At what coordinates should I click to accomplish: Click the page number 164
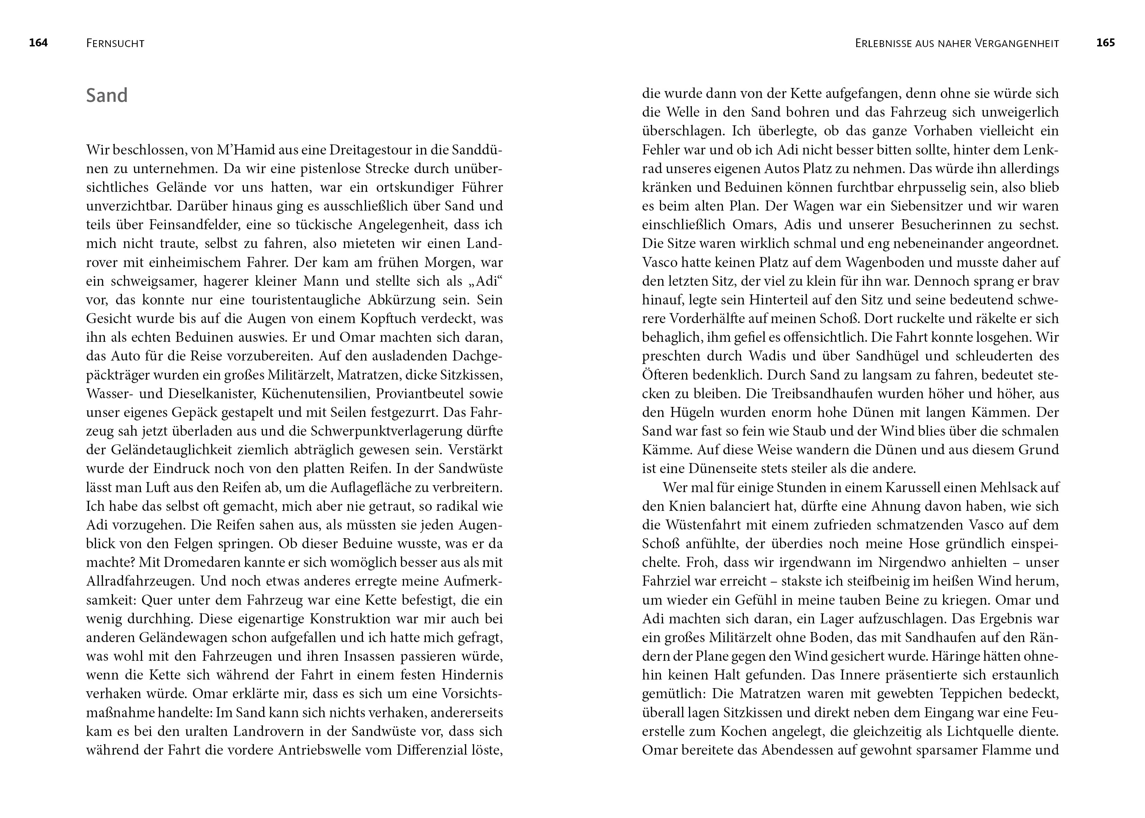coord(38,43)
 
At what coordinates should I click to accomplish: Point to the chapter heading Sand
coord(107,95)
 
